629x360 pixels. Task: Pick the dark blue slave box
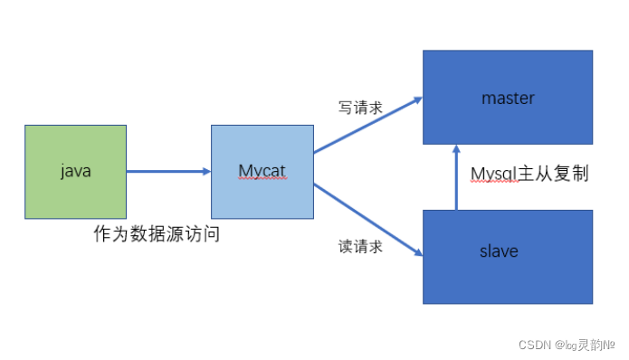508,271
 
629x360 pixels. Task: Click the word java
76,170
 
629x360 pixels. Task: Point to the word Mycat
262,170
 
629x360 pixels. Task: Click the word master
508,98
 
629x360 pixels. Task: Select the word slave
499,251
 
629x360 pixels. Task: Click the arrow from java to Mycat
167,171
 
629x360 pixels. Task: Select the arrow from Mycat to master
367,123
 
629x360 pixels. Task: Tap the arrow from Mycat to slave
367,220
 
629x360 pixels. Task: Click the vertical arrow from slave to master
456,178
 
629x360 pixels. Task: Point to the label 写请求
360,108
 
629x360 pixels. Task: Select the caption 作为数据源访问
157,234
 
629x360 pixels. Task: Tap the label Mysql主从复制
530,174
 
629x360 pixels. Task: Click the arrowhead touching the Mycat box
205,171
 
